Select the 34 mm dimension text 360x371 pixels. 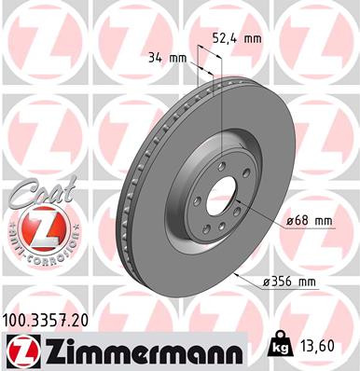(x=168, y=58)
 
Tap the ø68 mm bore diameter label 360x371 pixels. (x=311, y=220)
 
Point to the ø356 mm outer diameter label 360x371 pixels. (x=307, y=281)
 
